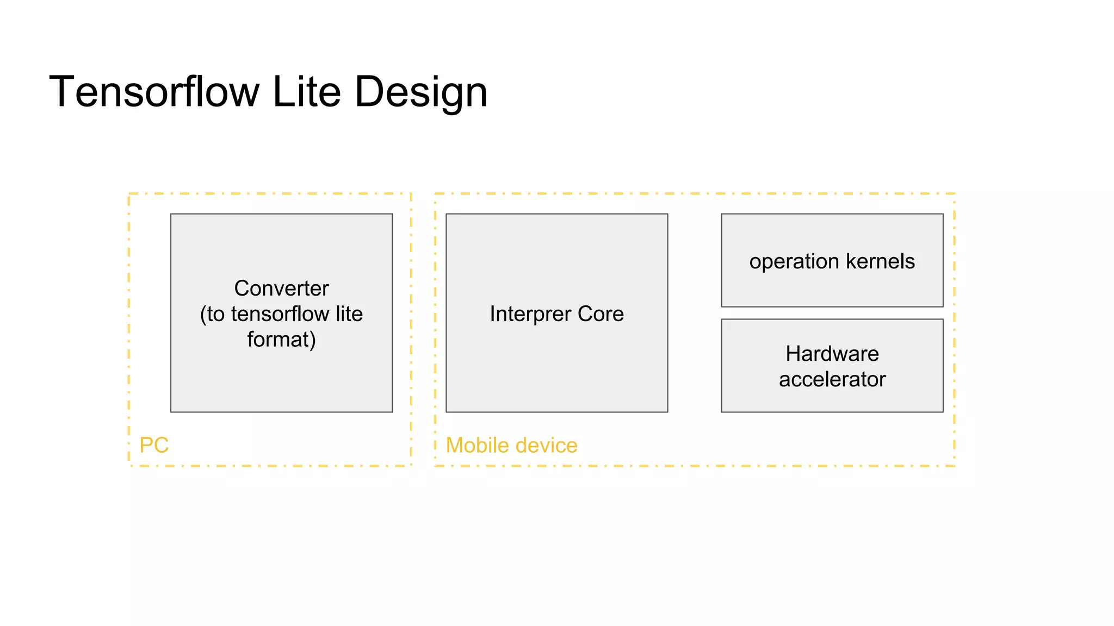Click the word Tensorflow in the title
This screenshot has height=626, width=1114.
tap(154, 92)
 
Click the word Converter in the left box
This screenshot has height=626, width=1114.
tap(281, 288)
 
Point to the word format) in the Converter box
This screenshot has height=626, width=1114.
tap(281, 340)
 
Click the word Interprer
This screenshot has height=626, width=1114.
tap(530, 314)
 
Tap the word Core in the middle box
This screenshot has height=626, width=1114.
tap(601, 314)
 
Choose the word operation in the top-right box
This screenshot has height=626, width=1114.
tap(794, 262)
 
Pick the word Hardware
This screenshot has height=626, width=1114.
tap(832, 354)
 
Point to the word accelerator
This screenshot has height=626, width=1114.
tap(832, 379)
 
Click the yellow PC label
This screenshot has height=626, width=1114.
tap(154, 445)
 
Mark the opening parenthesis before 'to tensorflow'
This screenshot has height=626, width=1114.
tap(203, 315)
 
